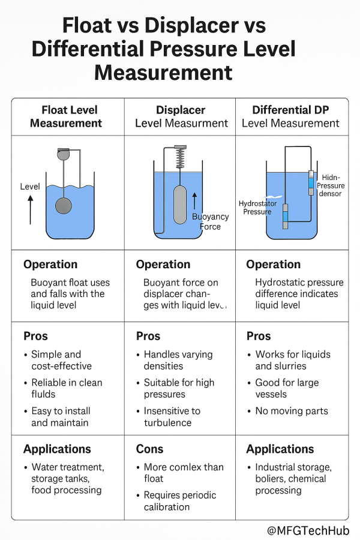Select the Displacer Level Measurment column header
[x=181, y=116]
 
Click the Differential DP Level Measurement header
[x=291, y=116]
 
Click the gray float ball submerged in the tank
[x=64, y=206]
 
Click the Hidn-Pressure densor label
[x=331, y=185]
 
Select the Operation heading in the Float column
[x=50, y=265]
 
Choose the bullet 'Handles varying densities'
[x=178, y=360]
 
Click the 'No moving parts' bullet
[x=291, y=411]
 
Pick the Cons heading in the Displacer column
[x=149, y=449]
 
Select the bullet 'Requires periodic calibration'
[x=180, y=501]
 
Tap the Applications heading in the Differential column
[x=280, y=449]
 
